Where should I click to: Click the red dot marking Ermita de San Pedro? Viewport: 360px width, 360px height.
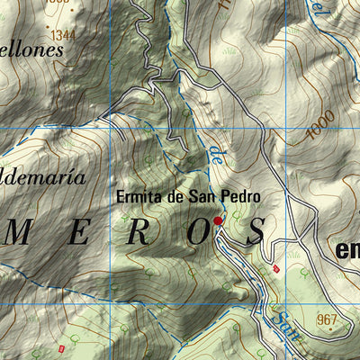pos(217,220)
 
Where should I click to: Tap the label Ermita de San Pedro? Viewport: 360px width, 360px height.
pos(188,196)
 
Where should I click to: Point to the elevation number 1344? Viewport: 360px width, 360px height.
pos(63,34)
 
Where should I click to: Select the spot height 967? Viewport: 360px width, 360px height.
pos(328,319)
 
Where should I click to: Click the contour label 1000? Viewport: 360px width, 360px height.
pos(319,125)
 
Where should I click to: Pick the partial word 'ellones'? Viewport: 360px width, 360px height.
pos(32,50)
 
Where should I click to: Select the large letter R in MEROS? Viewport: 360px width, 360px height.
pos(136,232)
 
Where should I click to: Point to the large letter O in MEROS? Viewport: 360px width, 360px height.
pos(195,232)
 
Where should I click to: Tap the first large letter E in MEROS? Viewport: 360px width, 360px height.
pos(79,232)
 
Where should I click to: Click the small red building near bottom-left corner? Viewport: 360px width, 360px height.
pos(61,348)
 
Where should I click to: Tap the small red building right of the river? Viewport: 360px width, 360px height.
pos(276,268)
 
